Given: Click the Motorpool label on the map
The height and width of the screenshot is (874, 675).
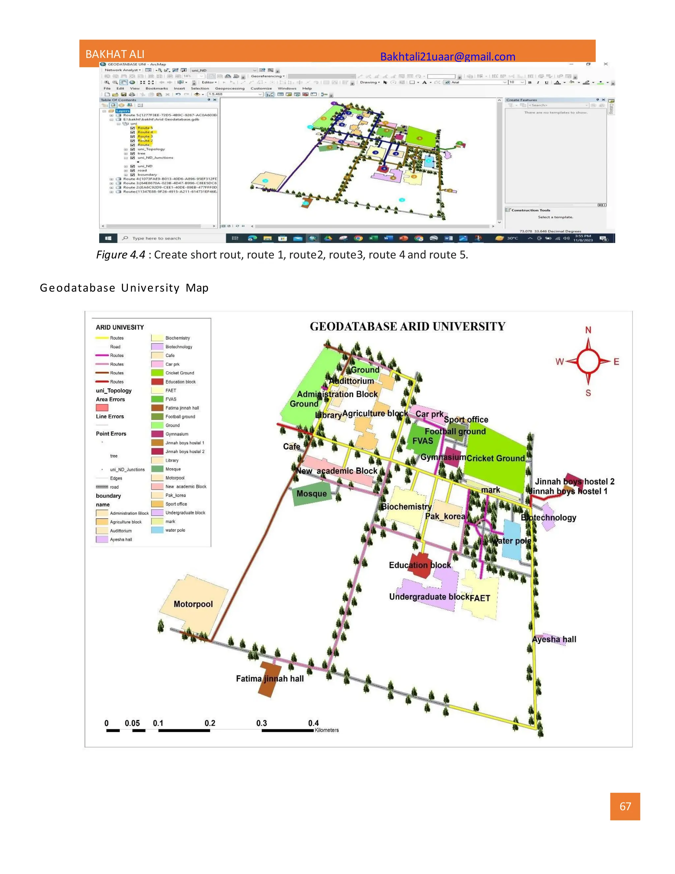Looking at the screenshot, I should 193,604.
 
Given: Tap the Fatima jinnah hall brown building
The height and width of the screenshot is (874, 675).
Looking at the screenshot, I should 269,679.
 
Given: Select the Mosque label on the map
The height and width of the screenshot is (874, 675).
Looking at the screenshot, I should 311,494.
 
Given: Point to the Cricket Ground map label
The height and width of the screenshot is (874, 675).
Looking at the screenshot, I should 495,458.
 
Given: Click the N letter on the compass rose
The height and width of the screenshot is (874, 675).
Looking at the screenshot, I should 588,330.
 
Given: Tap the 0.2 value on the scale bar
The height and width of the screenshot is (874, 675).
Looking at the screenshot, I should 210,723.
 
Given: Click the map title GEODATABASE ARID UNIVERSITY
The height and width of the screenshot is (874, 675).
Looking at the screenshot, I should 407,327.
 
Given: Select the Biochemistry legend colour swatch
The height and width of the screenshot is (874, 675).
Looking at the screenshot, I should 157,338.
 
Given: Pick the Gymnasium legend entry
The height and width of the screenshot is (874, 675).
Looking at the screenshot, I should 177,434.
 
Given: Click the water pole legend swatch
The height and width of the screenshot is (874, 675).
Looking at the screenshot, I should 157,530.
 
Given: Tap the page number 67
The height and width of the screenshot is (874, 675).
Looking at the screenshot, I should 625,806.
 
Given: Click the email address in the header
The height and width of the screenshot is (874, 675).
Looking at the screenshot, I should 448,56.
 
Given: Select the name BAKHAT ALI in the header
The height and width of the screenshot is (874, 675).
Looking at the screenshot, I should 115,54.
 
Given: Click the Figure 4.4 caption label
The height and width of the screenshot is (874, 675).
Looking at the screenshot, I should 120,255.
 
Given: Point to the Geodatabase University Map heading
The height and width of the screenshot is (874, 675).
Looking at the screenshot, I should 124,288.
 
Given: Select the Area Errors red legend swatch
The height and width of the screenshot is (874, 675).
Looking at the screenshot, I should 102,408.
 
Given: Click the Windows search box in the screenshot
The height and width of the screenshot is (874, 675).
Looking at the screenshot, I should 156,238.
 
